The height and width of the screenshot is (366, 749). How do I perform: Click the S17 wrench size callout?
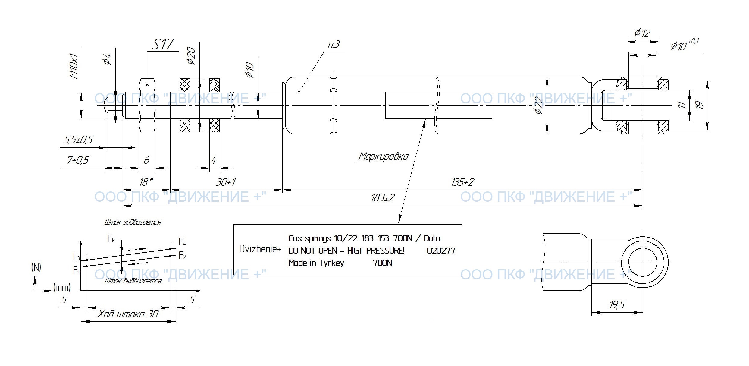click(x=163, y=45)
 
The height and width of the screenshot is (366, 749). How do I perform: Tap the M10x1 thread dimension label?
click(x=74, y=66)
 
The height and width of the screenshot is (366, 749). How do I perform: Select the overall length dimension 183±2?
click(x=383, y=198)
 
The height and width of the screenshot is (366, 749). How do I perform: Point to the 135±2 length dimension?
click(x=462, y=182)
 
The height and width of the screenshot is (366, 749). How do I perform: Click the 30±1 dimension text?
click(x=226, y=182)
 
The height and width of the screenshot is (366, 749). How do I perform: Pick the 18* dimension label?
click(x=146, y=182)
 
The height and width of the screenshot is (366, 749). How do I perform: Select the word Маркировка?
click(x=383, y=156)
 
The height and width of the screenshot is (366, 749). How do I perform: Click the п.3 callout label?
click(x=334, y=45)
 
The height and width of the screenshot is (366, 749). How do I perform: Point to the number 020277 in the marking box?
click(x=441, y=251)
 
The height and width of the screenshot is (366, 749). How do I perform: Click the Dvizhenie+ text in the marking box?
click(x=260, y=249)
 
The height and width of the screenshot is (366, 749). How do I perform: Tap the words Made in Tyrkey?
click(x=316, y=263)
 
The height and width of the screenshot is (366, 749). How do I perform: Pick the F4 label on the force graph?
click(x=182, y=242)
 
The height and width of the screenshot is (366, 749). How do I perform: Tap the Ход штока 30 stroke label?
click(x=128, y=314)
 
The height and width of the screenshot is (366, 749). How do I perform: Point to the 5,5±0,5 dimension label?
click(x=78, y=140)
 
